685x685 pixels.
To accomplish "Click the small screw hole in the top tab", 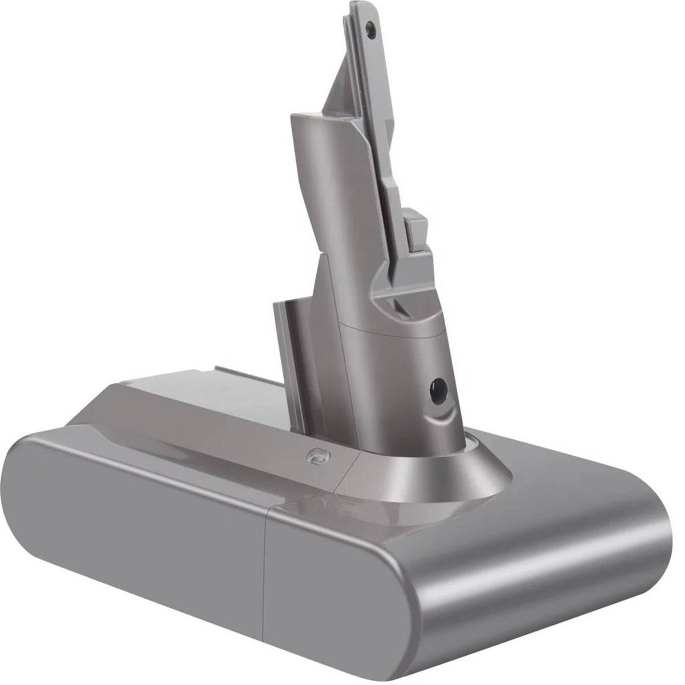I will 373,26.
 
